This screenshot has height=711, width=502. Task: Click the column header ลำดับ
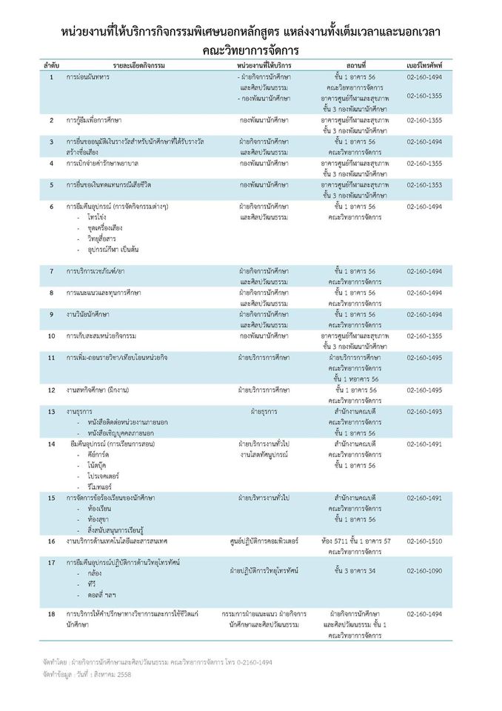pyautogui.click(x=50, y=66)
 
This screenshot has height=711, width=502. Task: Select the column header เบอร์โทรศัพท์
pyautogui.click(x=424, y=66)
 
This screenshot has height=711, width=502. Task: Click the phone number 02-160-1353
pyautogui.click(x=424, y=184)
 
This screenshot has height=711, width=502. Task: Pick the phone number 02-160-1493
pyautogui.click(x=424, y=411)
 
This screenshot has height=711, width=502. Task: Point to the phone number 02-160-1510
pyautogui.click(x=424, y=541)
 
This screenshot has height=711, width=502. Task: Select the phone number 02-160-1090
pyautogui.click(x=424, y=571)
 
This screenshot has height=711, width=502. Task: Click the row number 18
pyautogui.click(x=52, y=614)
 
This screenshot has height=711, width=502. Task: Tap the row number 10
pyautogui.click(x=52, y=336)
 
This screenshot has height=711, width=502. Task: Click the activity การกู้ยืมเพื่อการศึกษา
pyautogui.click(x=94, y=119)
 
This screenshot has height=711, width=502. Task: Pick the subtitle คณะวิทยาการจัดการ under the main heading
pyautogui.click(x=250, y=50)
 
